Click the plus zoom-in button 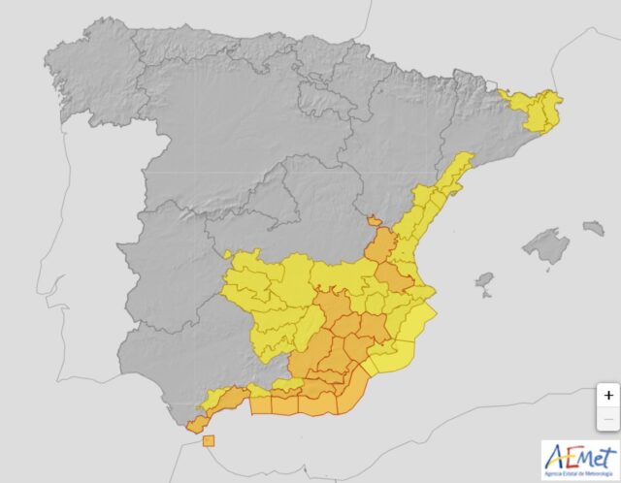pyautogui.click(x=607, y=395)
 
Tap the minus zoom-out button pyautogui.click(x=607, y=418)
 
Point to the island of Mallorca pyautogui.click(x=545, y=246)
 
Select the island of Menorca pyautogui.click(x=593, y=228)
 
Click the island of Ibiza pyautogui.click(x=484, y=282)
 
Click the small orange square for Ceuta pyautogui.click(x=209, y=441)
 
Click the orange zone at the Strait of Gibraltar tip pyautogui.click(x=196, y=424)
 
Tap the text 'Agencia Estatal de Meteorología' pyautogui.click(x=580, y=473)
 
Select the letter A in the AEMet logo pyautogui.click(x=556, y=457)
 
